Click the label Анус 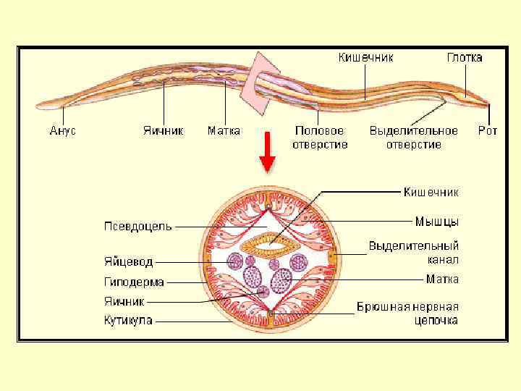63,131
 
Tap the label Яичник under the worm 163,131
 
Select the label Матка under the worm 224,131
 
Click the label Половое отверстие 320,138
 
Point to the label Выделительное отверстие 413,138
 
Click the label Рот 488,131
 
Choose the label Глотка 464,57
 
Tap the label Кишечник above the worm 366,57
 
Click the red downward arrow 267,151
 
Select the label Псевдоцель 137,226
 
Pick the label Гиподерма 134,282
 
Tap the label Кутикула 127,320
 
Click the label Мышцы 437,220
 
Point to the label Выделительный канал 413,253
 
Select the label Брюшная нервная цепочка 407,314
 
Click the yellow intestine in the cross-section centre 268,244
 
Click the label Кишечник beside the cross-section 431,192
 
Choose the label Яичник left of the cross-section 124,300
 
